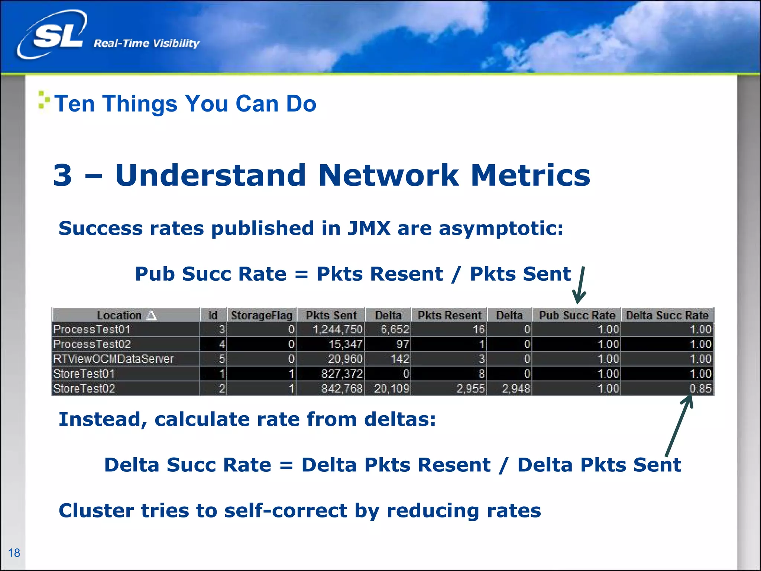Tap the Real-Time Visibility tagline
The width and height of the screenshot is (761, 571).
(146, 43)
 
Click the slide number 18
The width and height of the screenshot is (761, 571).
(14, 553)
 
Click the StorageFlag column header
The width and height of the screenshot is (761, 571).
(262, 315)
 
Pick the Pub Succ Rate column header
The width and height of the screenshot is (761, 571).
(577, 315)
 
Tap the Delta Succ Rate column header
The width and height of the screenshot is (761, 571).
(667, 315)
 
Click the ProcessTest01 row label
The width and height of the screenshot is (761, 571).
(92, 329)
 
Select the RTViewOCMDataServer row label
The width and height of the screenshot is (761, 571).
(113, 359)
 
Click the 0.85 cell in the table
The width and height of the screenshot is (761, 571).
(700, 388)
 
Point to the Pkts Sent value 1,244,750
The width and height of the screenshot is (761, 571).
(337, 329)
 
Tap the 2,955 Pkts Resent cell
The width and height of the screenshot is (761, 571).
(470, 388)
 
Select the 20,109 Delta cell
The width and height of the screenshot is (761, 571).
(391, 388)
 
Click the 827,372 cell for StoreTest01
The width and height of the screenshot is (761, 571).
(342, 374)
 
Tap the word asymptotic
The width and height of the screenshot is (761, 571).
(501, 228)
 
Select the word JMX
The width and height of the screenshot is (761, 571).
(369, 228)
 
